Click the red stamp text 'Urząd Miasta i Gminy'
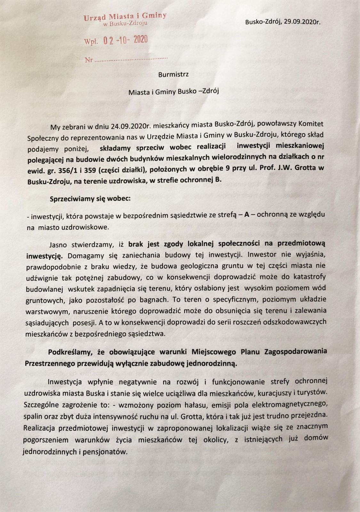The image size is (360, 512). point(125,17)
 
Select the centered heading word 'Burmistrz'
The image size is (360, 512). point(174,75)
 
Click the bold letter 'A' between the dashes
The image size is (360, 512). point(246,215)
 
